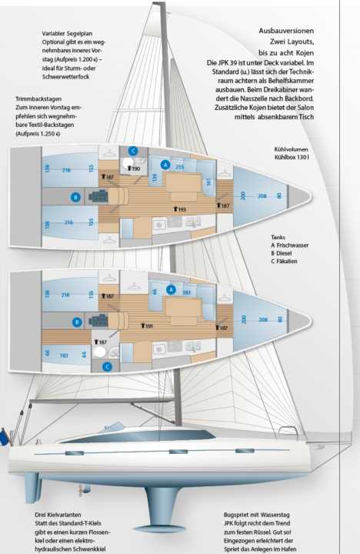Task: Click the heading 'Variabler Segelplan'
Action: pos(72,34)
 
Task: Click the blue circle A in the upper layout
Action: pos(164,165)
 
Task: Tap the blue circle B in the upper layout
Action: pos(75,198)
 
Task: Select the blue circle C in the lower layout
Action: pos(107,366)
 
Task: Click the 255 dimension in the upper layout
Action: pos(180,166)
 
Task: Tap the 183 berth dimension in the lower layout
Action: pos(64,355)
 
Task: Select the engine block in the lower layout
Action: pos(101,321)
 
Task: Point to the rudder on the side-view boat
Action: pos(32,487)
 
